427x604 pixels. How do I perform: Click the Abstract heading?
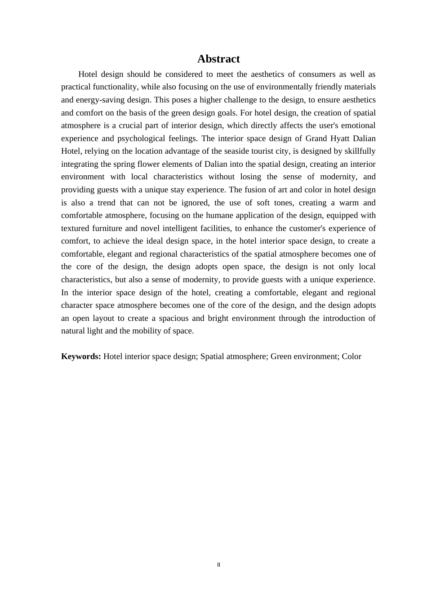tap(218, 59)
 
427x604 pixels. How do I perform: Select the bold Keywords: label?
tap(81, 356)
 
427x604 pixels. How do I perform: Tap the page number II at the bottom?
tap(218, 565)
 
